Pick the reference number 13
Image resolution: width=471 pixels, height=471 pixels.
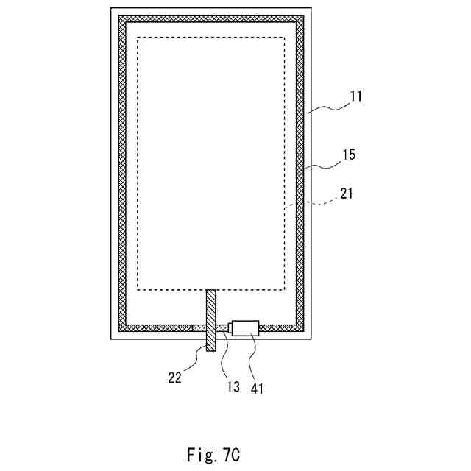pos(233,384)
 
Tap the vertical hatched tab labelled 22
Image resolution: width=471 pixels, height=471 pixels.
pos(211,319)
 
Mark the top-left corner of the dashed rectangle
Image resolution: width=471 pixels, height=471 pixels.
pos(138,38)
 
